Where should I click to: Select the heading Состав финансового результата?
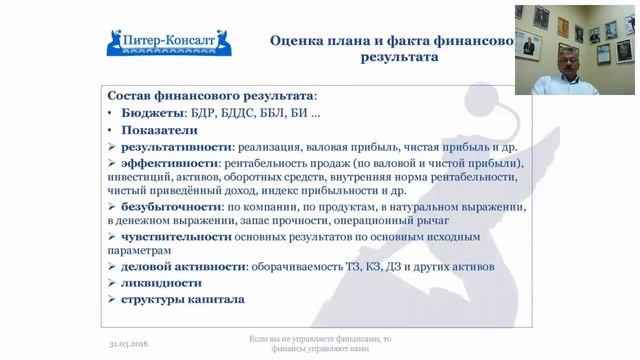tap(210, 96)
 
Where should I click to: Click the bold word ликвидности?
tap(160, 283)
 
